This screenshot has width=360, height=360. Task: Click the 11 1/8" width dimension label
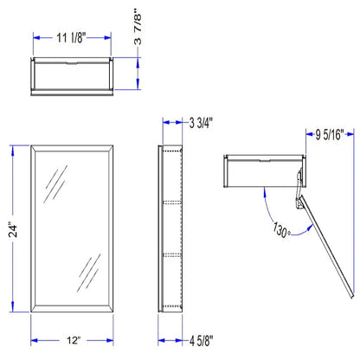[x=71, y=38]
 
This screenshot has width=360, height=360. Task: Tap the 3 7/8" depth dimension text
[x=138, y=27]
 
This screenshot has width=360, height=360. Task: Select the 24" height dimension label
[x=13, y=229]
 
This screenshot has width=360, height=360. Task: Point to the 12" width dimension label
[x=74, y=340]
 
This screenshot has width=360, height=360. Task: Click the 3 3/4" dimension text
[x=201, y=123]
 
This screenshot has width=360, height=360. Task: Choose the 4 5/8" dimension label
[x=202, y=341]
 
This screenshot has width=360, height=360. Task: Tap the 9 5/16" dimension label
[x=330, y=134]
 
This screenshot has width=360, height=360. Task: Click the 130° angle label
[x=281, y=230]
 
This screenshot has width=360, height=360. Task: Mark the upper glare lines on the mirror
[x=55, y=184]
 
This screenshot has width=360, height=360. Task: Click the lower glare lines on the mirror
[x=89, y=273]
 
